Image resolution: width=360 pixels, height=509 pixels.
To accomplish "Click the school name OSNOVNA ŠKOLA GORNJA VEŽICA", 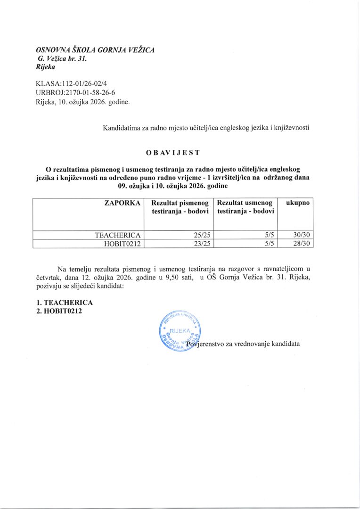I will [95, 50].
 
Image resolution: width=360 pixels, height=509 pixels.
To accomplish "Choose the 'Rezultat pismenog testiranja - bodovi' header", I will [180, 207].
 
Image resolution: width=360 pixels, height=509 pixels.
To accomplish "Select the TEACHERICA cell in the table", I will [118, 235].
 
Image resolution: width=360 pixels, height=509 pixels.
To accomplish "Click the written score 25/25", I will [198, 235].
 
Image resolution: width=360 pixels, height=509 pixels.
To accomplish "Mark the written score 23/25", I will [198, 244].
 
